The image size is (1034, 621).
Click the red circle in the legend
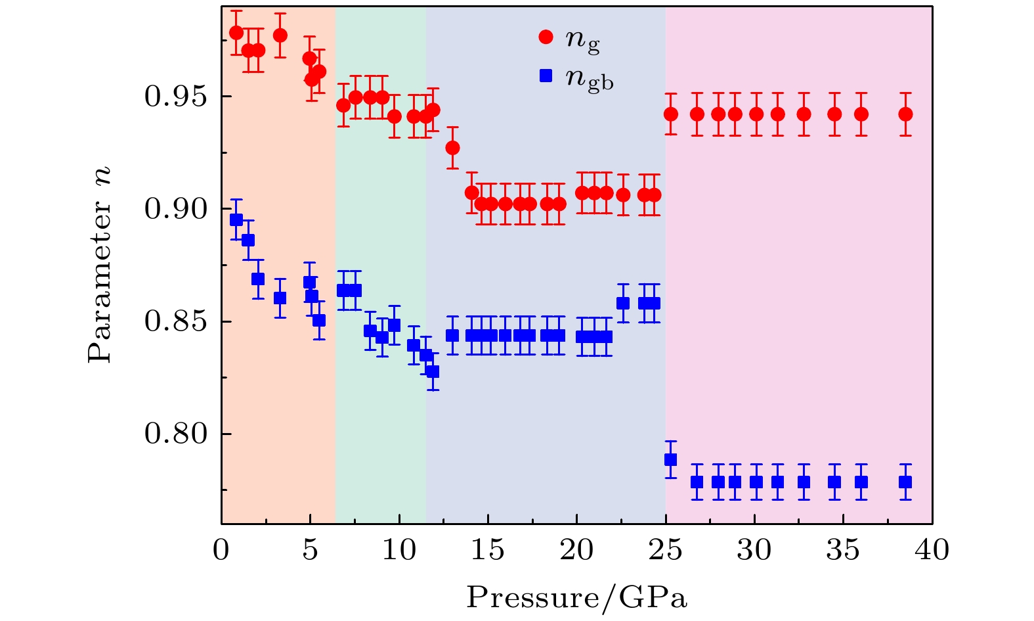click(x=546, y=38)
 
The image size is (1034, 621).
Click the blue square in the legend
click(x=546, y=76)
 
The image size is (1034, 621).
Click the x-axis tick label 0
click(x=221, y=551)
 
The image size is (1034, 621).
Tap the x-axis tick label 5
click(x=310, y=551)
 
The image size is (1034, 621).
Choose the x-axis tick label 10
click(x=399, y=551)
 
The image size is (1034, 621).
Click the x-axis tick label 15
click(x=488, y=551)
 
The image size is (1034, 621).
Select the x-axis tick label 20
click(x=576, y=551)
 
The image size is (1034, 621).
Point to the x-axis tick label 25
click(x=665, y=551)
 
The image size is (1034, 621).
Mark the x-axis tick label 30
click(x=754, y=551)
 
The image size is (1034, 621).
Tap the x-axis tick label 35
click(x=843, y=551)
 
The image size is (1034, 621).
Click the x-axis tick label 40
click(x=932, y=551)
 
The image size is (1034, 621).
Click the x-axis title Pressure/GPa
click(x=576, y=598)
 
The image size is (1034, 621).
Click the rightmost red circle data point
click(x=905, y=114)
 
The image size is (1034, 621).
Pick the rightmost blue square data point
click(x=905, y=482)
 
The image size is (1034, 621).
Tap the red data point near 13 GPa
click(x=452, y=148)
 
